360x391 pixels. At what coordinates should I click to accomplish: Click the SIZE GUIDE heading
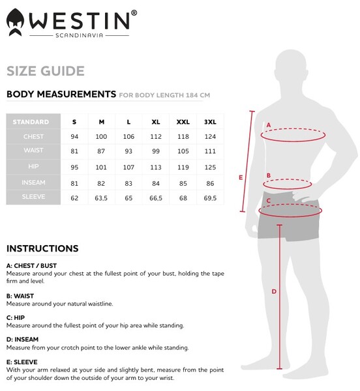click(x=45, y=71)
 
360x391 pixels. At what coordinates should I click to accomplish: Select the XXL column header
click(x=183, y=122)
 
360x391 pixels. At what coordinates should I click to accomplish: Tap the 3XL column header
click(x=210, y=122)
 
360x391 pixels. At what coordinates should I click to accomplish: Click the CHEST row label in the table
click(x=33, y=137)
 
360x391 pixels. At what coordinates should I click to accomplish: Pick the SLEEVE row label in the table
click(x=33, y=197)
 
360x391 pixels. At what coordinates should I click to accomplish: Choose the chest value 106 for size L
click(x=128, y=137)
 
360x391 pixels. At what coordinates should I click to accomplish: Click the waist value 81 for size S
click(x=74, y=152)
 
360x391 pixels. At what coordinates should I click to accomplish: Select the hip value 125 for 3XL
click(x=210, y=167)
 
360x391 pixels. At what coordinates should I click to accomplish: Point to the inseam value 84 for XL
click(x=156, y=182)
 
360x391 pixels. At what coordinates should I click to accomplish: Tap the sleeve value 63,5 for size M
click(x=101, y=197)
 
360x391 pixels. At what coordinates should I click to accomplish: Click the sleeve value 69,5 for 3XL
click(x=210, y=197)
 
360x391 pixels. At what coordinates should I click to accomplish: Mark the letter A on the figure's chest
click(x=268, y=124)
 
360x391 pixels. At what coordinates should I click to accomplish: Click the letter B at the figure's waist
click(x=268, y=175)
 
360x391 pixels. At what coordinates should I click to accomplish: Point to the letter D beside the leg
click(x=274, y=291)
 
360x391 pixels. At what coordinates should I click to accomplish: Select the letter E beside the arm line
click(x=241, y=177)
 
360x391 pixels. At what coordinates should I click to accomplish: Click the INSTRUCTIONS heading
click(x=42, y=248)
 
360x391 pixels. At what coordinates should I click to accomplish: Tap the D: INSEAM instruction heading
click(x=22, y=339)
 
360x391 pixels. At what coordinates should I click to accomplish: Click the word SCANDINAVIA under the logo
click(x=80, y=35)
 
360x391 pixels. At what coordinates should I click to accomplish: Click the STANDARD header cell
click(x=31, y=122)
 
